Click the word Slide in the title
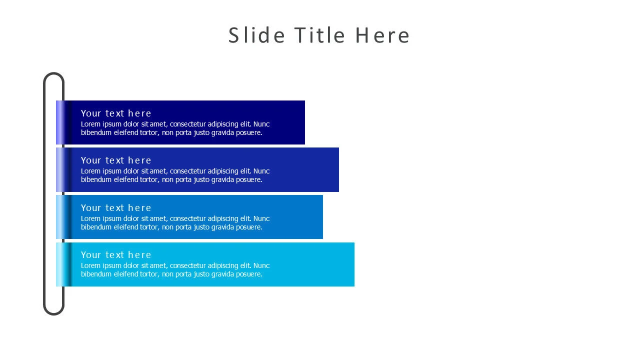pyautogui.click(x=256, y=35)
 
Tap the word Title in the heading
pyautogui.click(x=319, y=35)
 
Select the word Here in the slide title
pyautogui.click(x=382, y=35)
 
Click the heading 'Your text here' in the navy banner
pyautogui.click(x=115, y=113)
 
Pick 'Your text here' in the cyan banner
pyautogui.click(x=115, y=255)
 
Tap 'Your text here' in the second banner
pyautogui.click(x=115, y=160)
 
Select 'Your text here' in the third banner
pyautogui.click(x=115, y=208)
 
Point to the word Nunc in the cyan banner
pyautogui.click(x=261, y=265)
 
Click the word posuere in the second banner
pyautogui.click(x=249, y=179)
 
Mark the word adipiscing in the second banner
pyautogui.click(x=223, y=171)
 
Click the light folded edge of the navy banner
pyautogui.click(x=60, y=122)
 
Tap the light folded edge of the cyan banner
pyautogui.click(x=60, y=264)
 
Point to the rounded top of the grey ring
pyautogui.click(x=53, y=73)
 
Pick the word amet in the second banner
pyautogui.click(x=158, y=171)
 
